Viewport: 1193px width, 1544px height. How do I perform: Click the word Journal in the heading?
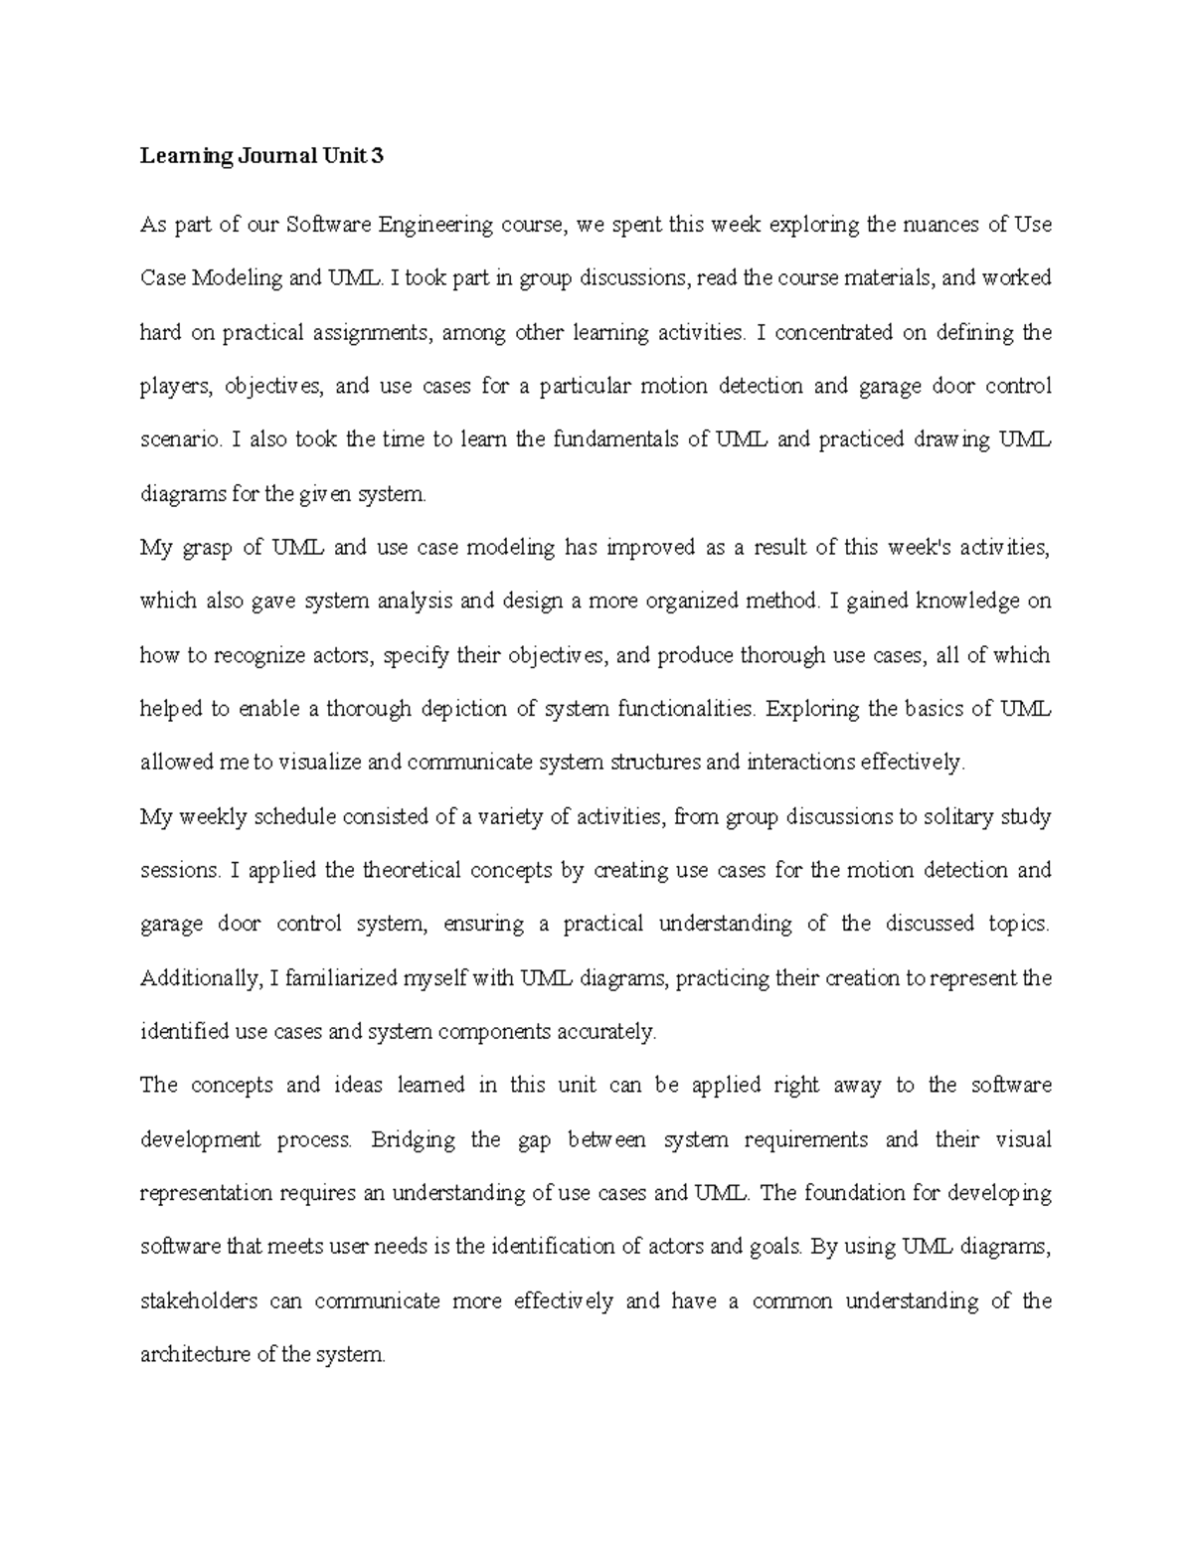tap(268, 155)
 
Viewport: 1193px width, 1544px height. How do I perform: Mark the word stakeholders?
tap(199, 1300)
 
